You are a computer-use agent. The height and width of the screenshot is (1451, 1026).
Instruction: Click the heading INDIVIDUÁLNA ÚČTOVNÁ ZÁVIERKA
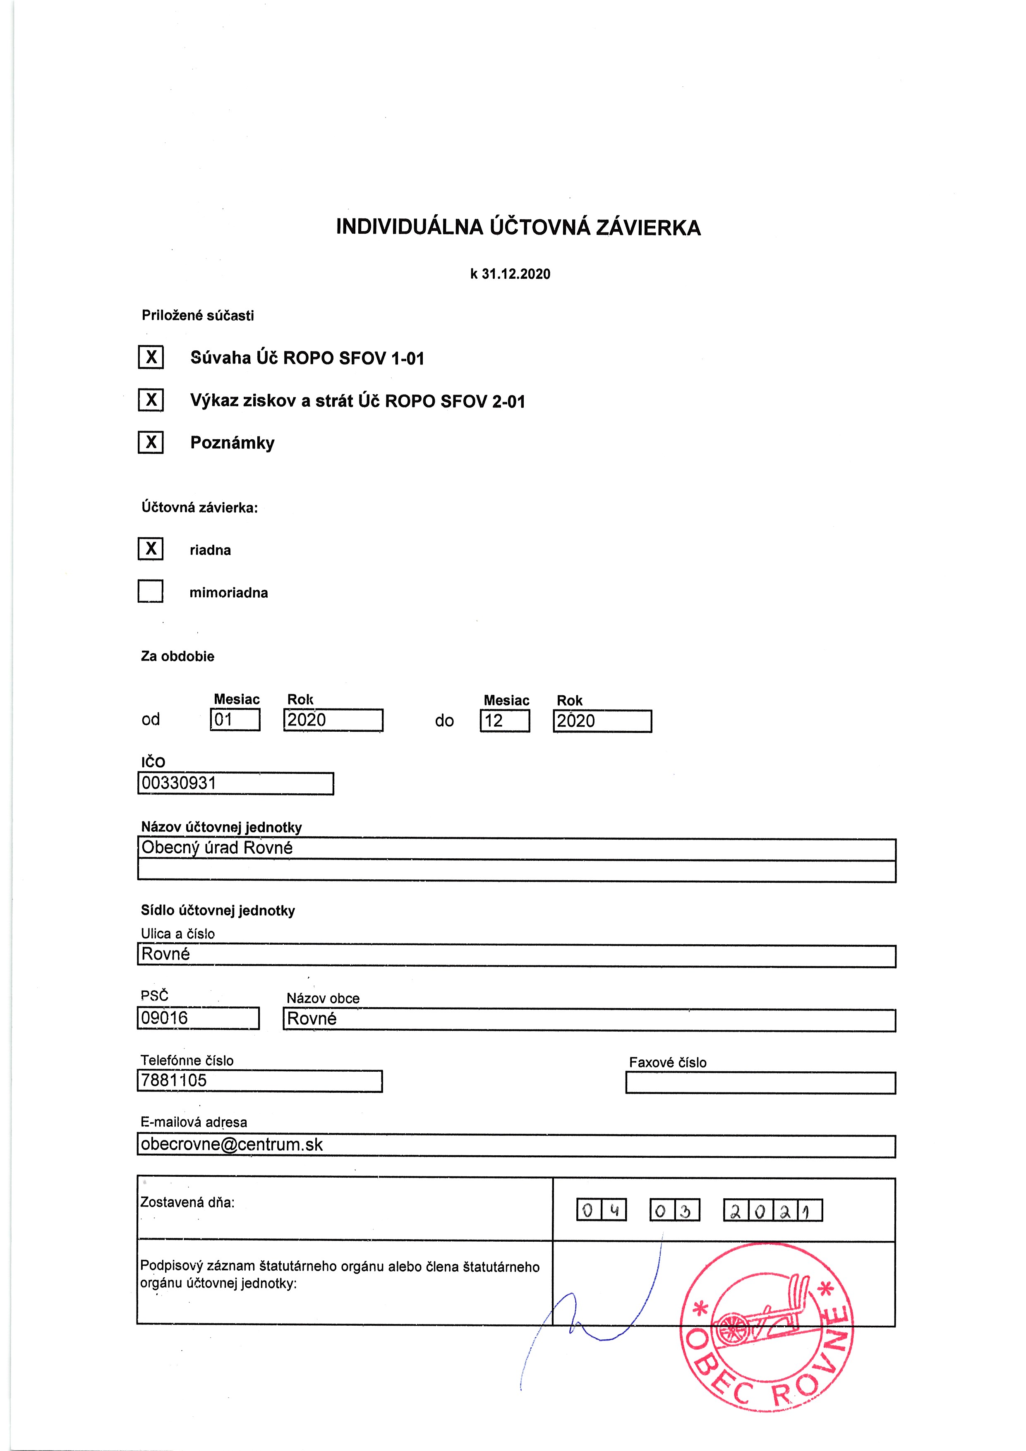(x=518, y=227)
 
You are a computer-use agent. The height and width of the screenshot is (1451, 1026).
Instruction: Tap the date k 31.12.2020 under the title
(x=510, y=274)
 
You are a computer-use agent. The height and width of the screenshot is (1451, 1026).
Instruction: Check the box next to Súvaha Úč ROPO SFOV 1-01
(x=151, y=358)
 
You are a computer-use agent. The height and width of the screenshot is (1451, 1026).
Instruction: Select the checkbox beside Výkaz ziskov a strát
(x=151, y=400)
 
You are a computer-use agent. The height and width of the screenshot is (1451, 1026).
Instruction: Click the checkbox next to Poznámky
(x=151, y=443)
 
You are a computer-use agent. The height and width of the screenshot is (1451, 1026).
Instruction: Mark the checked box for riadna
(x=151, y=548)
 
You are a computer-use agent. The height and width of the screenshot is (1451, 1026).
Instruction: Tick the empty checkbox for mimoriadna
(x=151, y=591)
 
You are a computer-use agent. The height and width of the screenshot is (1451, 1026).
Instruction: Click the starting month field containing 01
(x=235, y=720)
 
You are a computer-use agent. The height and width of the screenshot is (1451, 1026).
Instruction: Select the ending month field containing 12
(x=505, y=721)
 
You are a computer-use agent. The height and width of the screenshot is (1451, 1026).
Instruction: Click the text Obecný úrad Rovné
(x=217, y=848)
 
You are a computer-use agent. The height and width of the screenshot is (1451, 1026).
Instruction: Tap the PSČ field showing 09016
(x=165, y=1018)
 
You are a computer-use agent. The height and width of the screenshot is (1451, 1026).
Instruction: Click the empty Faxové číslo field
(x=760, y=1083)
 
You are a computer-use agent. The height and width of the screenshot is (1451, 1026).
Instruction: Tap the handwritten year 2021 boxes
(x=772, y=1211)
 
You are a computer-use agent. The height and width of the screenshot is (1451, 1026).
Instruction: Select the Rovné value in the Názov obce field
(x=312, y=1019)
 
